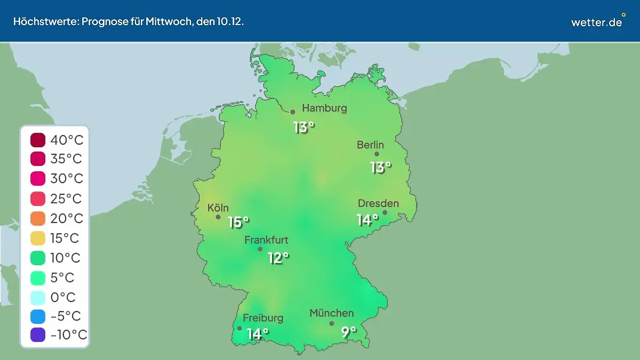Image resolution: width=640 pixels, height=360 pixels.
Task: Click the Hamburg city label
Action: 324,108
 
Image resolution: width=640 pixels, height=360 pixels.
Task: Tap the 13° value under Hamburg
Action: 303,127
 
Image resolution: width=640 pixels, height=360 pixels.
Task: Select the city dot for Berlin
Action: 377,154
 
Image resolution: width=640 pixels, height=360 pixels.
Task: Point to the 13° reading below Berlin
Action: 380,167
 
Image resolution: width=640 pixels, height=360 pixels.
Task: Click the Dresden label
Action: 378,204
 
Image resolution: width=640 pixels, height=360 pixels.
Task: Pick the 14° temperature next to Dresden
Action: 367,219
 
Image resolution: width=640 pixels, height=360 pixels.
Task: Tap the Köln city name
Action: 218,208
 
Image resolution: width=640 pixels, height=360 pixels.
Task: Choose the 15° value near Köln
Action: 238,222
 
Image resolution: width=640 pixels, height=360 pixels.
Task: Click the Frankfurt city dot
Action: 260,249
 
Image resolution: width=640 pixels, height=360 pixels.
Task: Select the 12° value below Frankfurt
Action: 278,258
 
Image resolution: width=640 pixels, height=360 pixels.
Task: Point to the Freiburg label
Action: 263,318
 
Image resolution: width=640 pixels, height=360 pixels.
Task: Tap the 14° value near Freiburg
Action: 258,334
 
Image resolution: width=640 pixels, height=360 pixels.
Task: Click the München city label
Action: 331,313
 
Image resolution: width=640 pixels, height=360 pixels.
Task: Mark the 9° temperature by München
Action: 348,332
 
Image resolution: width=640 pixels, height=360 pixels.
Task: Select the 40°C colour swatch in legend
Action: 38,140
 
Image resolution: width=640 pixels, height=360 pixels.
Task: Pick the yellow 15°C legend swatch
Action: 38,238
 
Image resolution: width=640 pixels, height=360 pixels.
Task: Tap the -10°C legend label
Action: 68,335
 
